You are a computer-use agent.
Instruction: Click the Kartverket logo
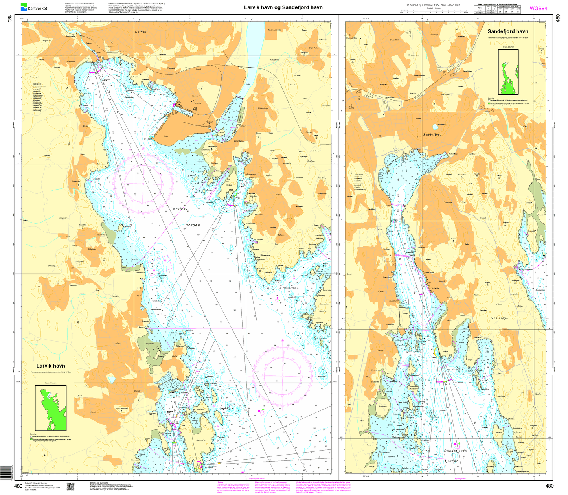pyautogui.click(x=34, y=7)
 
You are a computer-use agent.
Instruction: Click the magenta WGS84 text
pyautogui.click(x=538, y=8)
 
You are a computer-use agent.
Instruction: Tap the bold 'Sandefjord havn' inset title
pyautogui.click(x=508, y=31)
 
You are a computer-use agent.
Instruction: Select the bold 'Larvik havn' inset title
pyautogui.click(x=51, y=366)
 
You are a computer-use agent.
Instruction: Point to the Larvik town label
pyautogui.click(x=140, y=31)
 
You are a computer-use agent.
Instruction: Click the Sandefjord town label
pyautogui.click(x=432, y=134)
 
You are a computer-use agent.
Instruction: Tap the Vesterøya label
pyautogui.click(x=500, y=318)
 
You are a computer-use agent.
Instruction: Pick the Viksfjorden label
pyautogui.click(x=289, y=288)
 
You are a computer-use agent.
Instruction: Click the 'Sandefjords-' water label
pyautogui.click(x=456, y=451)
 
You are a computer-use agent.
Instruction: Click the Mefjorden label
pyautogui.click(x=540, y=290)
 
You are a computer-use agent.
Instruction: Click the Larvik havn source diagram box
pyautogui.click(x=51, y=408)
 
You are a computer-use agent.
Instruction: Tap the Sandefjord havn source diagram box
pyautogui.click(x=508, y=72)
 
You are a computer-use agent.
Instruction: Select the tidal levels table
pyautogui.click(x=498, y=9)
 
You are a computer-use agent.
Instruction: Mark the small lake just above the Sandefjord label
pyautogui.click(x=435, y=127)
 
